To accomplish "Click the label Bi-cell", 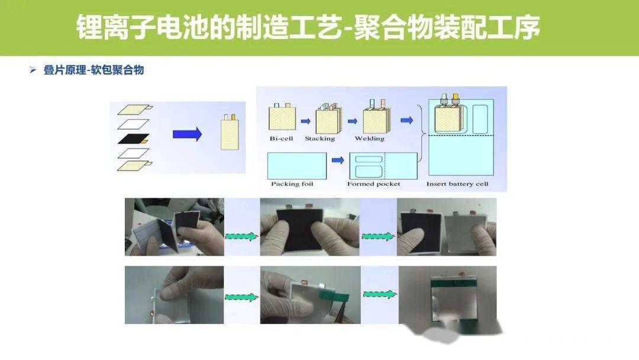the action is click(281, 139).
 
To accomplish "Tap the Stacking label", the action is click(320, 139).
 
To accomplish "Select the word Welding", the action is click(370, 139).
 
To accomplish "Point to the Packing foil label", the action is click(292, 184).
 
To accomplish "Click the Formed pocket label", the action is click(374, 184).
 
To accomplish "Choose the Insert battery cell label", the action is click(457, 184).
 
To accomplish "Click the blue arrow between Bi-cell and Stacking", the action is click(306, 121).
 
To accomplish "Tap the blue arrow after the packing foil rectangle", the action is click(338, 160).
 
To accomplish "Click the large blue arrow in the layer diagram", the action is click(188, 134).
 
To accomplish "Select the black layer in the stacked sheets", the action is click(134, 139).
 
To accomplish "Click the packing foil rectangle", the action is click(297, 166).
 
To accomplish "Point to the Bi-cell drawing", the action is click(282, 117).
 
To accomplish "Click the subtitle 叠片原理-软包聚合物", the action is click(93, 70).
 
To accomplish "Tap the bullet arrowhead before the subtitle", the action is click(33, 70).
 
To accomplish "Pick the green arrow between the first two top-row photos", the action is click(242, 236).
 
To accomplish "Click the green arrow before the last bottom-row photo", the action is click(379, 294).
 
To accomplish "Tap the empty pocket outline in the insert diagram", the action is click(480, 119).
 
